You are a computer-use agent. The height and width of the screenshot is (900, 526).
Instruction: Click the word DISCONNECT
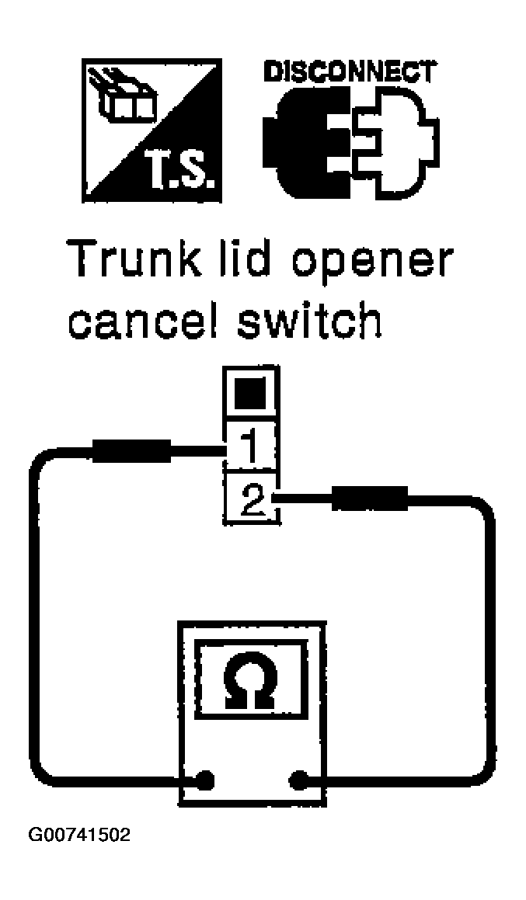[x=349, y=73]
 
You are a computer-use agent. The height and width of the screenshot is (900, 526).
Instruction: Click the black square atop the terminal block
[x=251, y=392]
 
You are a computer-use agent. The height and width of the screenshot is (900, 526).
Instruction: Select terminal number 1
[x=249, y=447]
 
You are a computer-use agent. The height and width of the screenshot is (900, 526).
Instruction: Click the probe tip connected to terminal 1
[x=131, y=450]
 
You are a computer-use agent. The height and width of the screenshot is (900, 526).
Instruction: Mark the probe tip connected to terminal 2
[x=370, y=498]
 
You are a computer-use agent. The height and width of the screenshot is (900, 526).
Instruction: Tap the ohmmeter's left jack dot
[x=204, y=780]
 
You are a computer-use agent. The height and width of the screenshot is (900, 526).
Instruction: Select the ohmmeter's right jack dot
[x=298, y=780]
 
